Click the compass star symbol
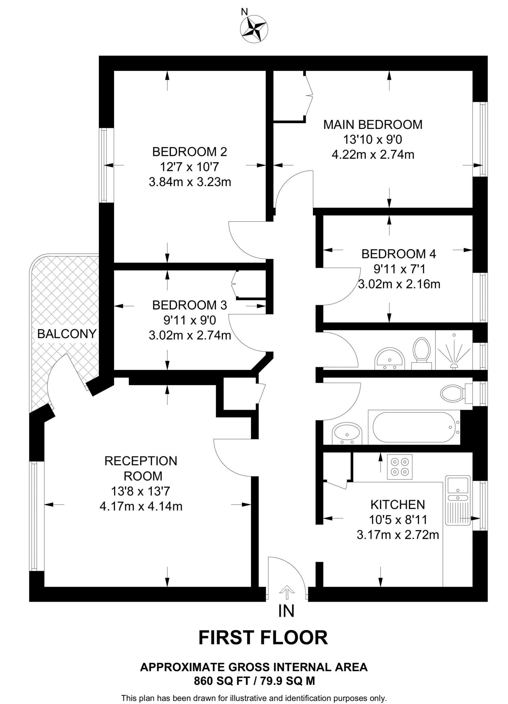(x=254, y=29)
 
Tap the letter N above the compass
(x=244, y=12)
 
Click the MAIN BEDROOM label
(x=373, y=124)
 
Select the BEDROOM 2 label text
(x=190, y=152)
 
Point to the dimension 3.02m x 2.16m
(x=399, y=284)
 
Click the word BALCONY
(x=67, y=334)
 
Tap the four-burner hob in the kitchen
(x=399, y=466)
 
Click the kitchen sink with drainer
(x=458, y=500)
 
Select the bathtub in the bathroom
(x=414, y=427)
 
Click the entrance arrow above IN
(x=287, y=590)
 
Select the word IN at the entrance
(x=286, y=611)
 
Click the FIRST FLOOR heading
(x=263, y=638)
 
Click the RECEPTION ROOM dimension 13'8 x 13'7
(x=140, y=491)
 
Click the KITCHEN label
(x=398, y=505)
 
